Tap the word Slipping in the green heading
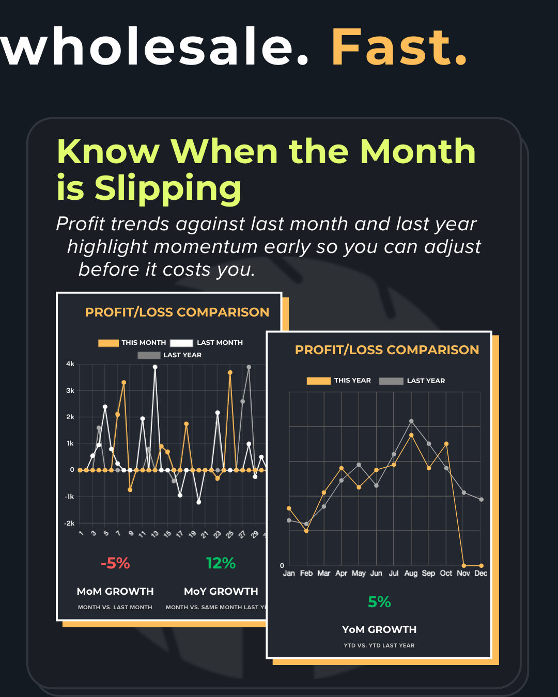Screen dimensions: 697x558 pos(168,188)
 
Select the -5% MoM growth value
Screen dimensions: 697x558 pos(115,563)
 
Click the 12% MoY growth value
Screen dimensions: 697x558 pos(221,563)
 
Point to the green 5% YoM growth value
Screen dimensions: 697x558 pos(379,601)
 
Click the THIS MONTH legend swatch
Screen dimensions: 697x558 pos(109,343)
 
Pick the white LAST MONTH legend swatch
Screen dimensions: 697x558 pos(181,343)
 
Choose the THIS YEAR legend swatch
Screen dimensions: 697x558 pos(318,381)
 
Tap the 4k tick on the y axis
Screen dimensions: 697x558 pos(70,364)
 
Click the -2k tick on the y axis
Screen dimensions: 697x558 pos(69,523)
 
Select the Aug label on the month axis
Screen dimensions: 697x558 pos(411,573)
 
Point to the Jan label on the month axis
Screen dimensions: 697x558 pos(289,573)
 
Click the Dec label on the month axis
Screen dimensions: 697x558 pos(481,573)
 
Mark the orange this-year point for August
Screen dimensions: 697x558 pos(411,435)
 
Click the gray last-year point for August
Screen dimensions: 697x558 pos(411,421)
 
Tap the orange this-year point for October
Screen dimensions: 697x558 pos(446,443)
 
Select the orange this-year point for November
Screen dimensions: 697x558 pos(464,565)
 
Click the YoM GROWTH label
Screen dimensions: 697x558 pos(379,629)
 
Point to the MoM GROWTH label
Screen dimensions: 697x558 pos(115,591)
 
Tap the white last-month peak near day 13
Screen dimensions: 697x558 pos(155,367)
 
